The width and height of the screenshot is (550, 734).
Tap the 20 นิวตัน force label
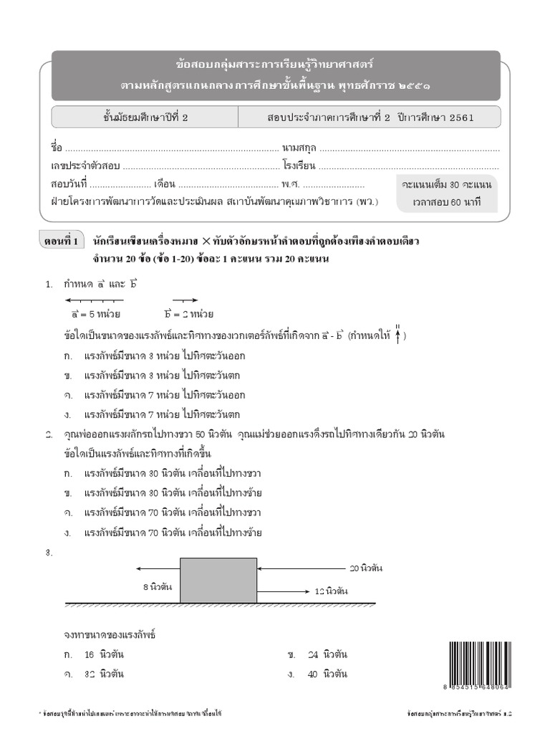(x=366, y=568)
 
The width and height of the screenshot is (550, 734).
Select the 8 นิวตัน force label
(x=156, y=586)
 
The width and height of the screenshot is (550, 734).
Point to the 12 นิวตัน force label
(x=332, y=591)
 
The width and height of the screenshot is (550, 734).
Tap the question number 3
(x=49, y=553)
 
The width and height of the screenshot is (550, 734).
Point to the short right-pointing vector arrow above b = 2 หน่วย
(x=185, y=300)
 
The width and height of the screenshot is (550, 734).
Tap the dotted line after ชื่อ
(x=172, y=150)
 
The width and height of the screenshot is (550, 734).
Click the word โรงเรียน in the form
(x=299, y=166)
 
